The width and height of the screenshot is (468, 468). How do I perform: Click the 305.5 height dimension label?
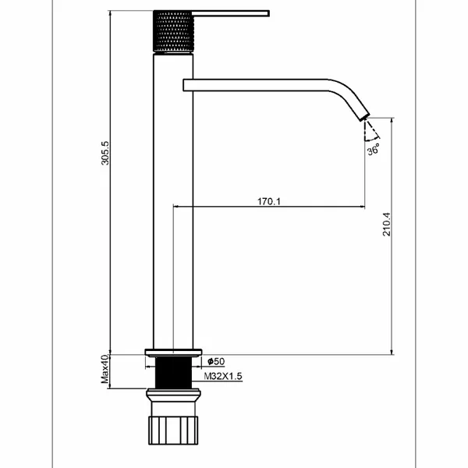click(105, 153)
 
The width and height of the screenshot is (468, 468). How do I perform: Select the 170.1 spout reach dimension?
click(269, 201)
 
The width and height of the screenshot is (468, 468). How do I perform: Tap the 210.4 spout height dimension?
click(387, 224)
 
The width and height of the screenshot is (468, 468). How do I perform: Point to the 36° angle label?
click(374, 149)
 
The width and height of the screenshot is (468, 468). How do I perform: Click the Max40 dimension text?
click(105, 369)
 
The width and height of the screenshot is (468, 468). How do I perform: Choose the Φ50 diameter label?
click(216, 361)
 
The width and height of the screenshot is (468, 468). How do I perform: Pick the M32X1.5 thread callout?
click(223, 376)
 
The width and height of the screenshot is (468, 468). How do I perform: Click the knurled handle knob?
click(173, 31)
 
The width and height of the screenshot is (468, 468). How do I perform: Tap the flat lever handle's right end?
click(268, 13)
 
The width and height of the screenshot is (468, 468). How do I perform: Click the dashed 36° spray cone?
click(371, 131)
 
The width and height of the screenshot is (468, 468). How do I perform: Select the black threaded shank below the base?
click(173, 373)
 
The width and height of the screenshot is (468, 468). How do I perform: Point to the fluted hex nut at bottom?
click(173, 431)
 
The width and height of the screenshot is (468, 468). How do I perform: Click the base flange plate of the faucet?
click(173, 353)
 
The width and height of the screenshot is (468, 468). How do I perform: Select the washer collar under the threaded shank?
click(173, 395)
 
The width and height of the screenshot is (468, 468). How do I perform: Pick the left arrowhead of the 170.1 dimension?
click(175, 206)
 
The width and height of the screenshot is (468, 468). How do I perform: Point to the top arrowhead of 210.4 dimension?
click(392, 120)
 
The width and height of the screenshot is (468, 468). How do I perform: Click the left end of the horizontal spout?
click(184, 85)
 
